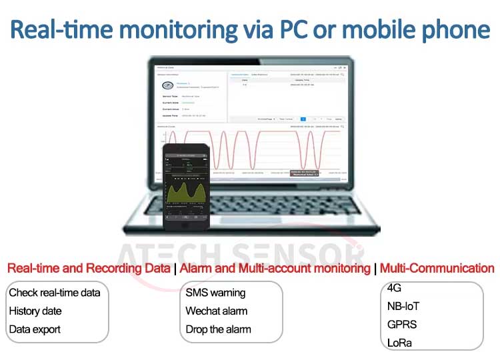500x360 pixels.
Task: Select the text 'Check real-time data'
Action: point(55,293)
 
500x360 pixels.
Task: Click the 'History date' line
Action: point(35,311)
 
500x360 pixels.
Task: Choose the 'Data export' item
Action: point(35,329)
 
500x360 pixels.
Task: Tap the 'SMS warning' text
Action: point(215,293)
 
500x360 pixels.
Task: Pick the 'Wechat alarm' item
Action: point(216,311)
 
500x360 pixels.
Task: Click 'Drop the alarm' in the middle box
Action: point(218,329)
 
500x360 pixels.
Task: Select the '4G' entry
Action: point(394,289)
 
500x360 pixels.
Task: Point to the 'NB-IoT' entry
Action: point(403,307)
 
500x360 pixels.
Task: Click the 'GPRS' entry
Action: point(401,325)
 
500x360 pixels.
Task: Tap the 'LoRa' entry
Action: point(400,343)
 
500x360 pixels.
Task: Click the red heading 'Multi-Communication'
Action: point(437,269)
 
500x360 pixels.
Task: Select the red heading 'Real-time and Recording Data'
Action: point(88,269)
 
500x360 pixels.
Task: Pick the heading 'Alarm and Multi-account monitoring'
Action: point(275,269)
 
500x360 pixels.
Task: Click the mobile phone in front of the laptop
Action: point(187,187)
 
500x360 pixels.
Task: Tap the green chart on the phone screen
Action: point(186,190)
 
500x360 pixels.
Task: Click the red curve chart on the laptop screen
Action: point(280,150)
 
